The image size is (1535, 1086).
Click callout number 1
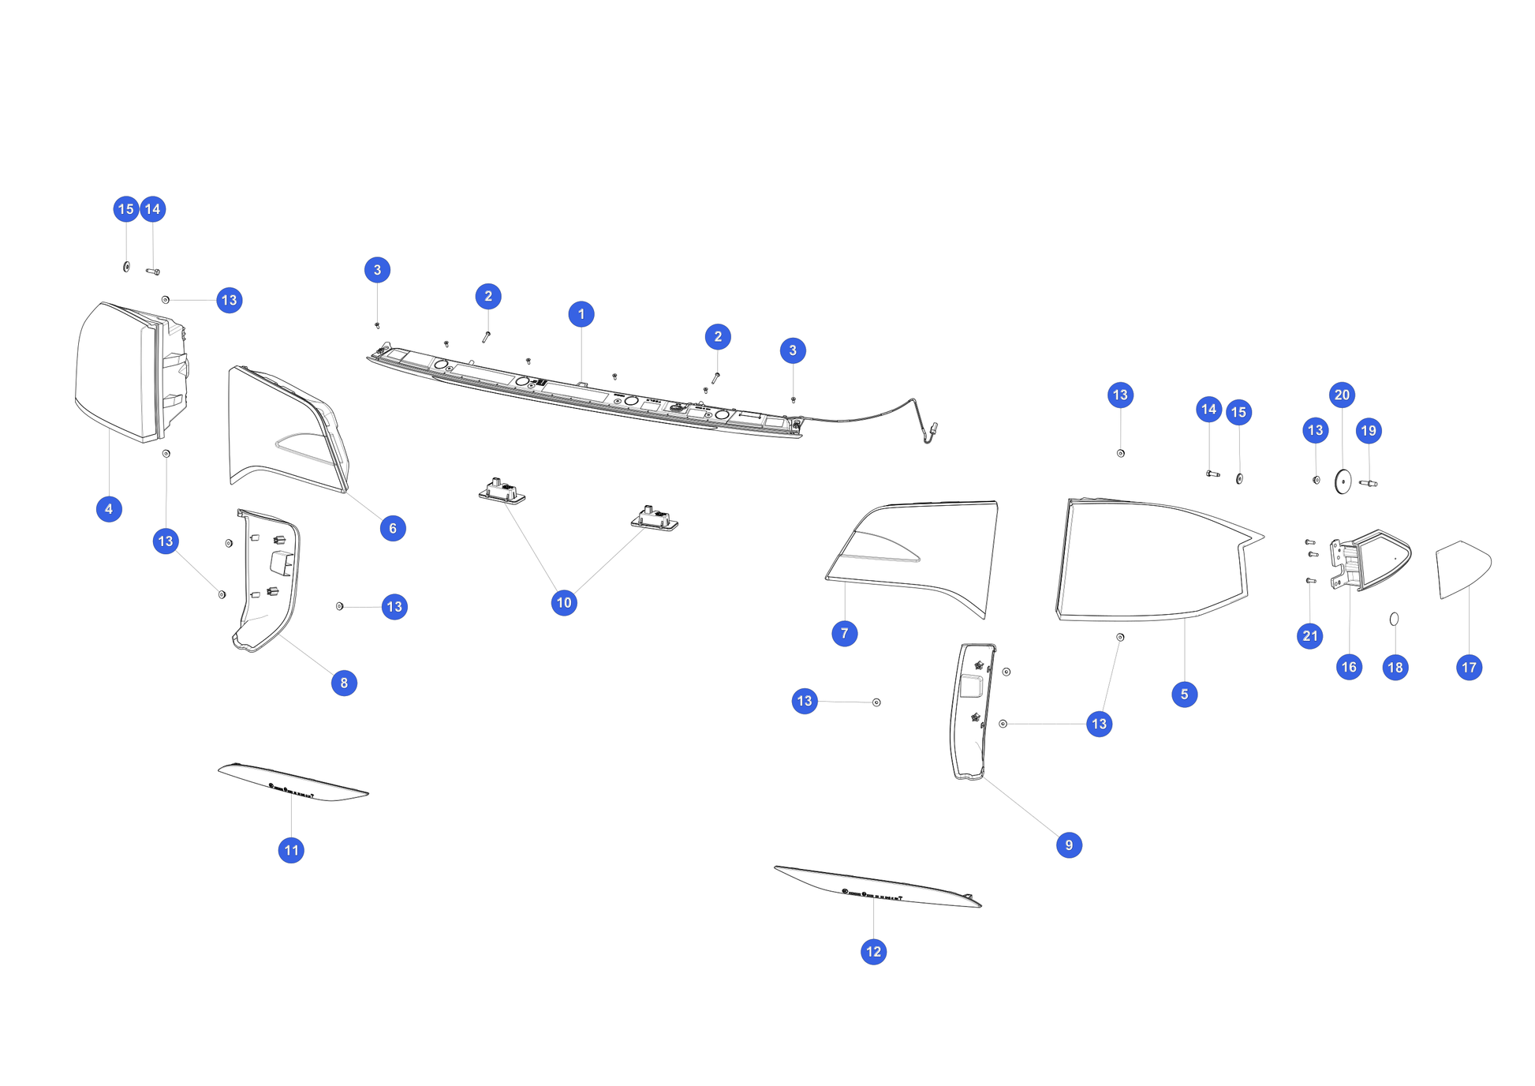point(581,314)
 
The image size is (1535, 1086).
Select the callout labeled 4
point(109,509)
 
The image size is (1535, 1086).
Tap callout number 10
point(564,603)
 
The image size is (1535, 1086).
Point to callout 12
point(873,952)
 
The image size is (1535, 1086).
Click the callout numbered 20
point(1342,395)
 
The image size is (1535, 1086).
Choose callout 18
point(1395,668)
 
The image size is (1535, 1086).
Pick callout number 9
point(1069,845)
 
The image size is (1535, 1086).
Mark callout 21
point(1310,636)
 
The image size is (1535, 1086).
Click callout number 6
point(393,529)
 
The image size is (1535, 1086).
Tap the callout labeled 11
point(291,850)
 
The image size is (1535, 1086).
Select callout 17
point(1469,668)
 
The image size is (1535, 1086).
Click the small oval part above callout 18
point(1394,619)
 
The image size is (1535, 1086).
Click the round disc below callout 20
point(1343,481)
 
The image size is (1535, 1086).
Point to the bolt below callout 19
point(1369,483)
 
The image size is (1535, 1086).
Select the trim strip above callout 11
point(293,782)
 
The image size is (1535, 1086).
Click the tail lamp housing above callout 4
point(132,372)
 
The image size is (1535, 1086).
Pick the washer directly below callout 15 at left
point(126,267)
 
